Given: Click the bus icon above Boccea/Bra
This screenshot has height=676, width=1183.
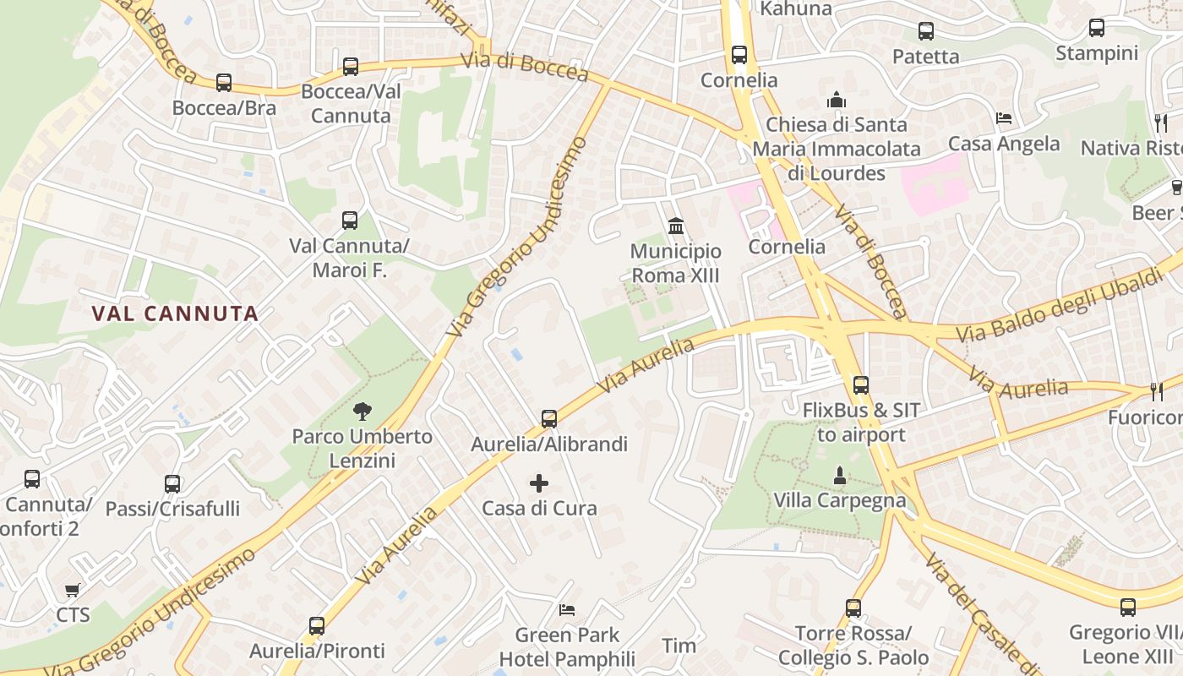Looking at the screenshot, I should pos(223,83).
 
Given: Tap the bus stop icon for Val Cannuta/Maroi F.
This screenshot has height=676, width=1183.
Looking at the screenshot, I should pos(350,221).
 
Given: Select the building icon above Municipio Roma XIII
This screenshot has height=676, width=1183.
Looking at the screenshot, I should pos(676,226).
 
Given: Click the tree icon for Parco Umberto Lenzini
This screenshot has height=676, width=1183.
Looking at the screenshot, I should pos(363,412).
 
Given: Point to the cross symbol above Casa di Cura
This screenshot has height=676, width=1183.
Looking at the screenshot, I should pos(539,483).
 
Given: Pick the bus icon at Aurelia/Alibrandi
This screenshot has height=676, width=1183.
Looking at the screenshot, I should pos(549,418).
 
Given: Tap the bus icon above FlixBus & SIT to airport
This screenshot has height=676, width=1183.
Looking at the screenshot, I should pos(861,385).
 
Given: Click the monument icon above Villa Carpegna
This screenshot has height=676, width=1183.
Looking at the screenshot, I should pos(840,476).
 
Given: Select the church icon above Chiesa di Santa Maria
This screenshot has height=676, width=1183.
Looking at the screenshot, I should pos(837,100).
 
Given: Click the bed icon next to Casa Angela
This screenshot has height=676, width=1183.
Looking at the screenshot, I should pos(1004,118).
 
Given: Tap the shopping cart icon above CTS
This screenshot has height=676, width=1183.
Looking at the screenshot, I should pos(73,590).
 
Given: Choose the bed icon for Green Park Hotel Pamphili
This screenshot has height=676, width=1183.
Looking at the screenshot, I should pos(567,609).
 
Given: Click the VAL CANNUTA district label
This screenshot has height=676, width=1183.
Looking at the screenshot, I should pos(175,313).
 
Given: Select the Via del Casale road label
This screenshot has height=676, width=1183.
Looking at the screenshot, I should pos(980,615).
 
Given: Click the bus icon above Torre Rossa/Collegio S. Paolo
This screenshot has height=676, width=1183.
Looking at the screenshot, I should pos(853,608).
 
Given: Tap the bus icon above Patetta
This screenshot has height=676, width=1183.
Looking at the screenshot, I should pos(926,31).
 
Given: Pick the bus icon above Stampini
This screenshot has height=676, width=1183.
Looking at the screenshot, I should pos(1097,28).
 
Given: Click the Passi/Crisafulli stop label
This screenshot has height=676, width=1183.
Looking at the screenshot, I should pos(172,509).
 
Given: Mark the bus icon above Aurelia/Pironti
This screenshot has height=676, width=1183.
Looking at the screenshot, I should pos(317,626).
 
